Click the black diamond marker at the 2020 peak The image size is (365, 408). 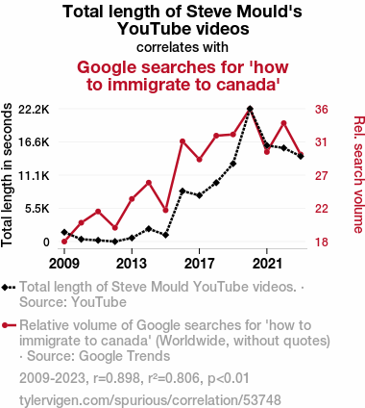coord(250,109)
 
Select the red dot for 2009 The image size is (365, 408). coord(64,242)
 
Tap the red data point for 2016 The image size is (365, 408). coord(182,141)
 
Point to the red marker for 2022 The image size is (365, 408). coord(283,123)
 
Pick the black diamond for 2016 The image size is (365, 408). coord(182,191)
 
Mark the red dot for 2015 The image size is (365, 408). coord(165,210)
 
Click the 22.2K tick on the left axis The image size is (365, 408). coord(34,110)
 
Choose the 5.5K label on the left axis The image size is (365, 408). coord(37,209)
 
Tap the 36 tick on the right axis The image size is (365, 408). coord(322,110)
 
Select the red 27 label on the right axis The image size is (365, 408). coord(322,176)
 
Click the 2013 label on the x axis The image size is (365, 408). coord(132,264)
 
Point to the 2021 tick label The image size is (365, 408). coord(267,264)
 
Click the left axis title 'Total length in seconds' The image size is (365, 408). coord(7,175)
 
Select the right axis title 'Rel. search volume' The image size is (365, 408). coord(359,174)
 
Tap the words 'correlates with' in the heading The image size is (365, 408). coord(182,47)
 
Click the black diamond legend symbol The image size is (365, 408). coord(9,287)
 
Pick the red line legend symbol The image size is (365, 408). coord(9,325)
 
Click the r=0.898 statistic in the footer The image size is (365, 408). coord(116,378)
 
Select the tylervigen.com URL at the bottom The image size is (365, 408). coord(150,400)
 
